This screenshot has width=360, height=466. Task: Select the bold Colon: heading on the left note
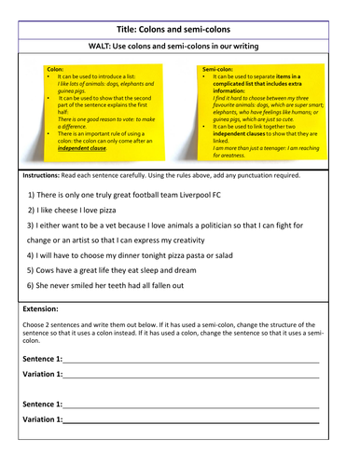click(55, 69)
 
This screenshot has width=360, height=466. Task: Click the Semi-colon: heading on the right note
click(219, 69)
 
